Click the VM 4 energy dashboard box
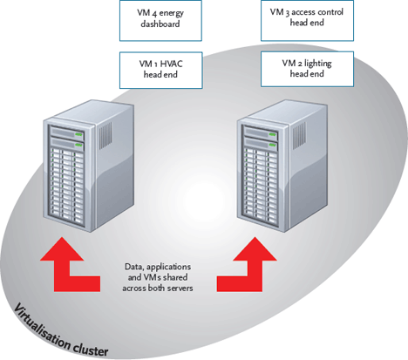coord(160,21)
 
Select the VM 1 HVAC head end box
coord(161,70)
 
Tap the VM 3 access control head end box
coord(307,21)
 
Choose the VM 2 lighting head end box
coord(307,69)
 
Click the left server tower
coord(89,166)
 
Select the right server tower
coord(282,166)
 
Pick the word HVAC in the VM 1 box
coord(172,65)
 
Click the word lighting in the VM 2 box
coord(318,64)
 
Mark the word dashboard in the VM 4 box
coord(160,24)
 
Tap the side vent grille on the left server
coord(105,135)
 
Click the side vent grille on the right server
coord(299,135)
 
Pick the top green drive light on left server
coord(78,134)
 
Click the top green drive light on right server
coord(272,134)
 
